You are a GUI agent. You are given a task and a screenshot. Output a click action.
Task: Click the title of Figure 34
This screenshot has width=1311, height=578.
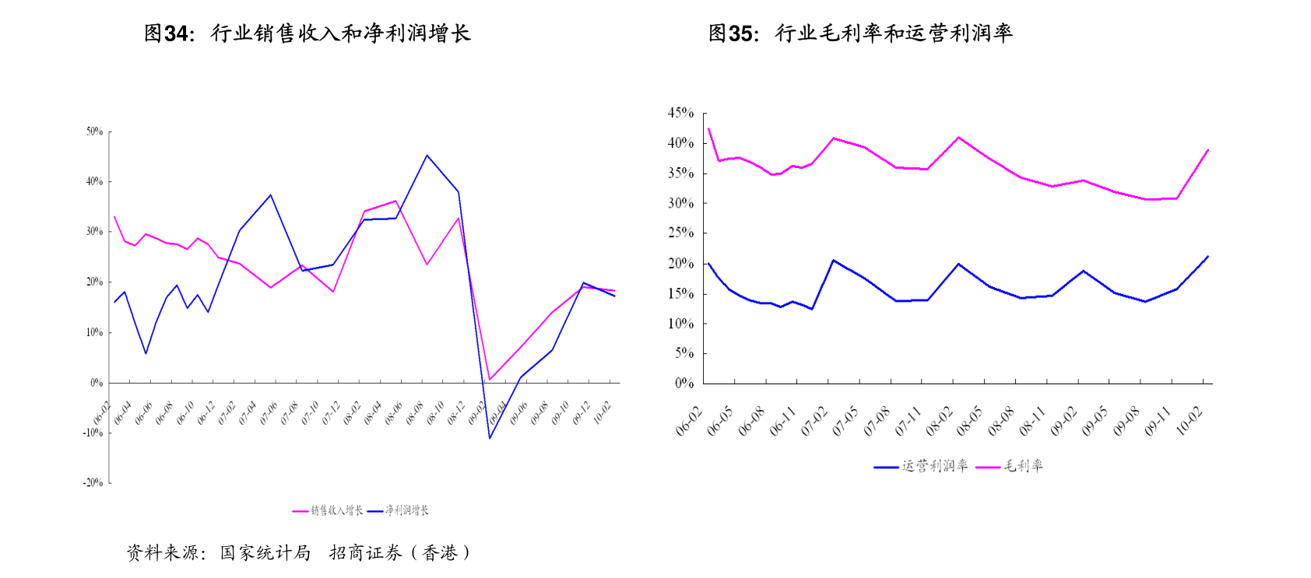point(308,33)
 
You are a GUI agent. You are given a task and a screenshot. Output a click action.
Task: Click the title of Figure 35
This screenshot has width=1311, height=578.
point(860,33)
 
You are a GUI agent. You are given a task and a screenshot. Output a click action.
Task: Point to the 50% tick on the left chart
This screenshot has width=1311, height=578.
point(94,131)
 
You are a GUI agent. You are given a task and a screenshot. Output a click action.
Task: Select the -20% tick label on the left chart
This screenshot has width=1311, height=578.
point(93,482)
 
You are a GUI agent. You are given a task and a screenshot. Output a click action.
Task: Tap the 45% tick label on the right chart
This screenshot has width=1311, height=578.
point(680,113)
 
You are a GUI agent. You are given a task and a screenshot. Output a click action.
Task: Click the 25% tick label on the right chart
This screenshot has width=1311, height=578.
point(680,233)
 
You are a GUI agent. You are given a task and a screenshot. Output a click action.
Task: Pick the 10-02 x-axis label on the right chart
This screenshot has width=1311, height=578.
point(1190,421)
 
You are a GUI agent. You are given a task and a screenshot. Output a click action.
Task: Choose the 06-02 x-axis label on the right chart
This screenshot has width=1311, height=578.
point(689,421)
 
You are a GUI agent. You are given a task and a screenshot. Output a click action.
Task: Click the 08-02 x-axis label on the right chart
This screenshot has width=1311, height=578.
point(939,421)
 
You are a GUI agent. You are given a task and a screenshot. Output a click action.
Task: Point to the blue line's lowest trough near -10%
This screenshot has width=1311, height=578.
point(490,438)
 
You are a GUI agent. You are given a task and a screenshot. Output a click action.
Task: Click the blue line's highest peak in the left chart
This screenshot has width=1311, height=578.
point(427,156)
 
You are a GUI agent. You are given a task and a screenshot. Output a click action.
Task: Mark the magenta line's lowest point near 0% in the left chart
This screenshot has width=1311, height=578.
point(490,380)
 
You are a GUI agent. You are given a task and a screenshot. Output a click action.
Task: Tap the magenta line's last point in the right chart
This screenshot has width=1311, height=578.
point(1207,149)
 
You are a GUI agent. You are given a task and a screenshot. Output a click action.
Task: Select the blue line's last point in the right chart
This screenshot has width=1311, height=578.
point(1207,256)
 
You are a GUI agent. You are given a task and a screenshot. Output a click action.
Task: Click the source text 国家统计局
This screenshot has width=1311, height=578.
point(265,553)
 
